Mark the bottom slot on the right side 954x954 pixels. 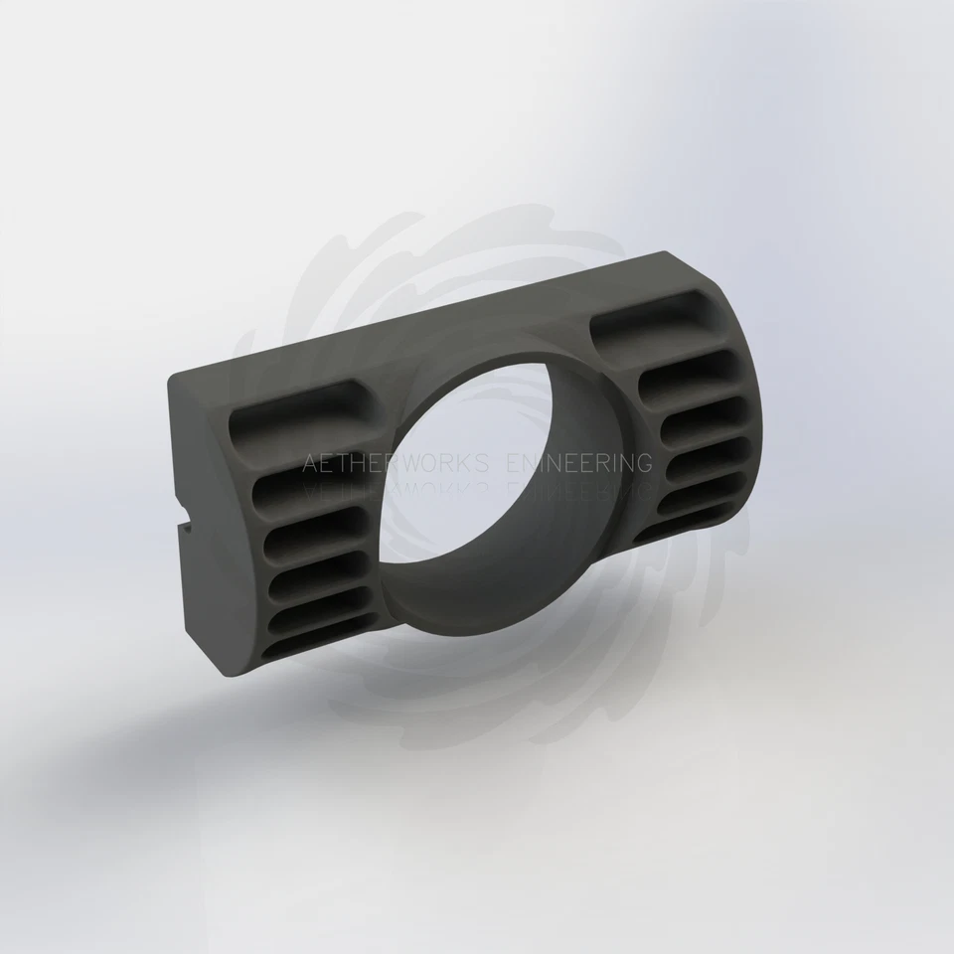click(686, 523)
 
